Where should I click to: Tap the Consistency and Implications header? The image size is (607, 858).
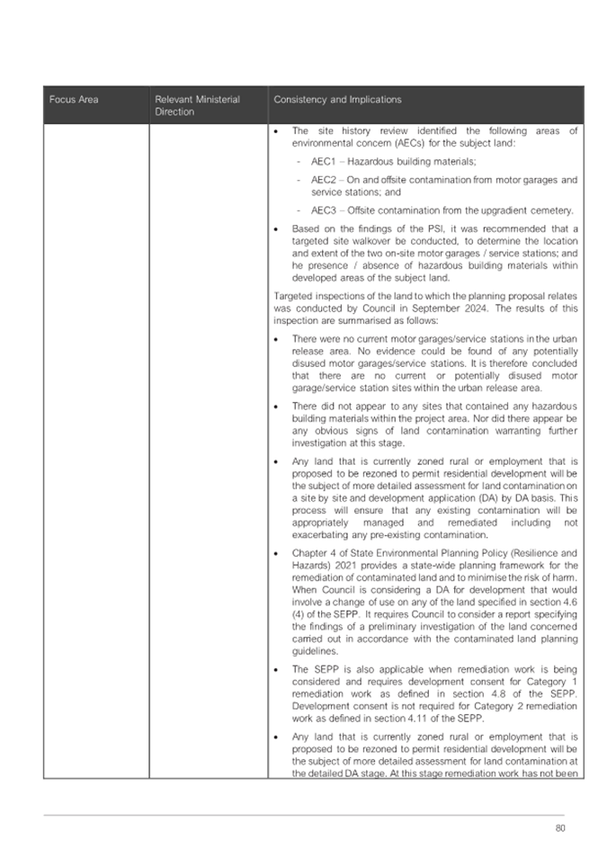[337, 99]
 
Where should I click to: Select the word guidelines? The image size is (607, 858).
[314, 648]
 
